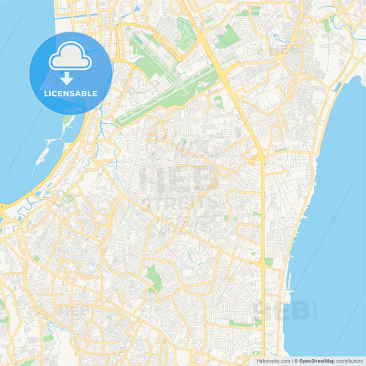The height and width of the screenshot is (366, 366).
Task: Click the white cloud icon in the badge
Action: (x=71, y=59)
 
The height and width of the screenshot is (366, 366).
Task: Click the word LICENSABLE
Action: (x=71, y=93)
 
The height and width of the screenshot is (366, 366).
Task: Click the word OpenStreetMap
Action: (x=317, y=360)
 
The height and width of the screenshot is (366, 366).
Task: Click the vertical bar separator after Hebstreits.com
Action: (x=290, y=360)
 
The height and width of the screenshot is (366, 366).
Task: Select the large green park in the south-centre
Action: (x=154, y=278)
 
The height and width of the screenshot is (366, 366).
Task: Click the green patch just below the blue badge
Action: (x=67, y=121)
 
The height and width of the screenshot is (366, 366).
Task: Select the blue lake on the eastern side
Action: (x=330, y=206)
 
